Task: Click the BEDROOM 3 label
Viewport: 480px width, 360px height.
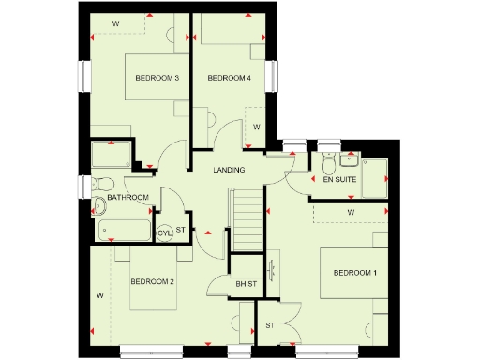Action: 157,77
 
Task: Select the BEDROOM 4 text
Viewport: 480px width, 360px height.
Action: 229,77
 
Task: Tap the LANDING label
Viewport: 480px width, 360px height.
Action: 230,170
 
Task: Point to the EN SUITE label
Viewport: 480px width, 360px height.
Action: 338,179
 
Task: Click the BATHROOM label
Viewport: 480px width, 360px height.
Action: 127,198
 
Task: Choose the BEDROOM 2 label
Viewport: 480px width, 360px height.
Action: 153,281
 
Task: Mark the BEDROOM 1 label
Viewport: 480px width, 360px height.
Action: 355,273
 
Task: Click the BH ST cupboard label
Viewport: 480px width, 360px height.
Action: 247,283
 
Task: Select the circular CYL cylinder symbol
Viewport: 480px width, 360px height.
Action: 165,232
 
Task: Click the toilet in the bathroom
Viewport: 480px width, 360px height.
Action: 102,183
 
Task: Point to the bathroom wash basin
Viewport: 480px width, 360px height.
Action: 100,206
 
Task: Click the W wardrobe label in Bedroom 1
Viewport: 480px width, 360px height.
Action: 350,213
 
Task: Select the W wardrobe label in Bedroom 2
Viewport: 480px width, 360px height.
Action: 98,295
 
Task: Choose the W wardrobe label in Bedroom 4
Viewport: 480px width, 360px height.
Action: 256,125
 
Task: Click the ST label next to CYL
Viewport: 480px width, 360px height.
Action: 181,230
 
